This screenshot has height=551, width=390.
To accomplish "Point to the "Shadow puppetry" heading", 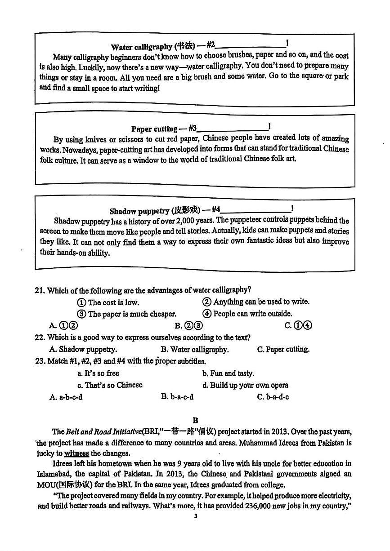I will pos(139,211).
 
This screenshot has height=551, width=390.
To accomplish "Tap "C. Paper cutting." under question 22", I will pos(283,349).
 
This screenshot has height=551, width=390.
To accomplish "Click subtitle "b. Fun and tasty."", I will pos(228,373).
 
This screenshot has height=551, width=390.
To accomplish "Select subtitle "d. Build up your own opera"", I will pos(245,385).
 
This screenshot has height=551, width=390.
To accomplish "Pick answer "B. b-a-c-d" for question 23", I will pos(177,397).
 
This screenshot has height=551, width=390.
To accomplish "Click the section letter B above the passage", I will pos(195,420).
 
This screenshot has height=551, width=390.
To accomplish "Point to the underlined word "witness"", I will pos(76,453).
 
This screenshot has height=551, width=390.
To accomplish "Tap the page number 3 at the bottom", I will pos(195,516).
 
